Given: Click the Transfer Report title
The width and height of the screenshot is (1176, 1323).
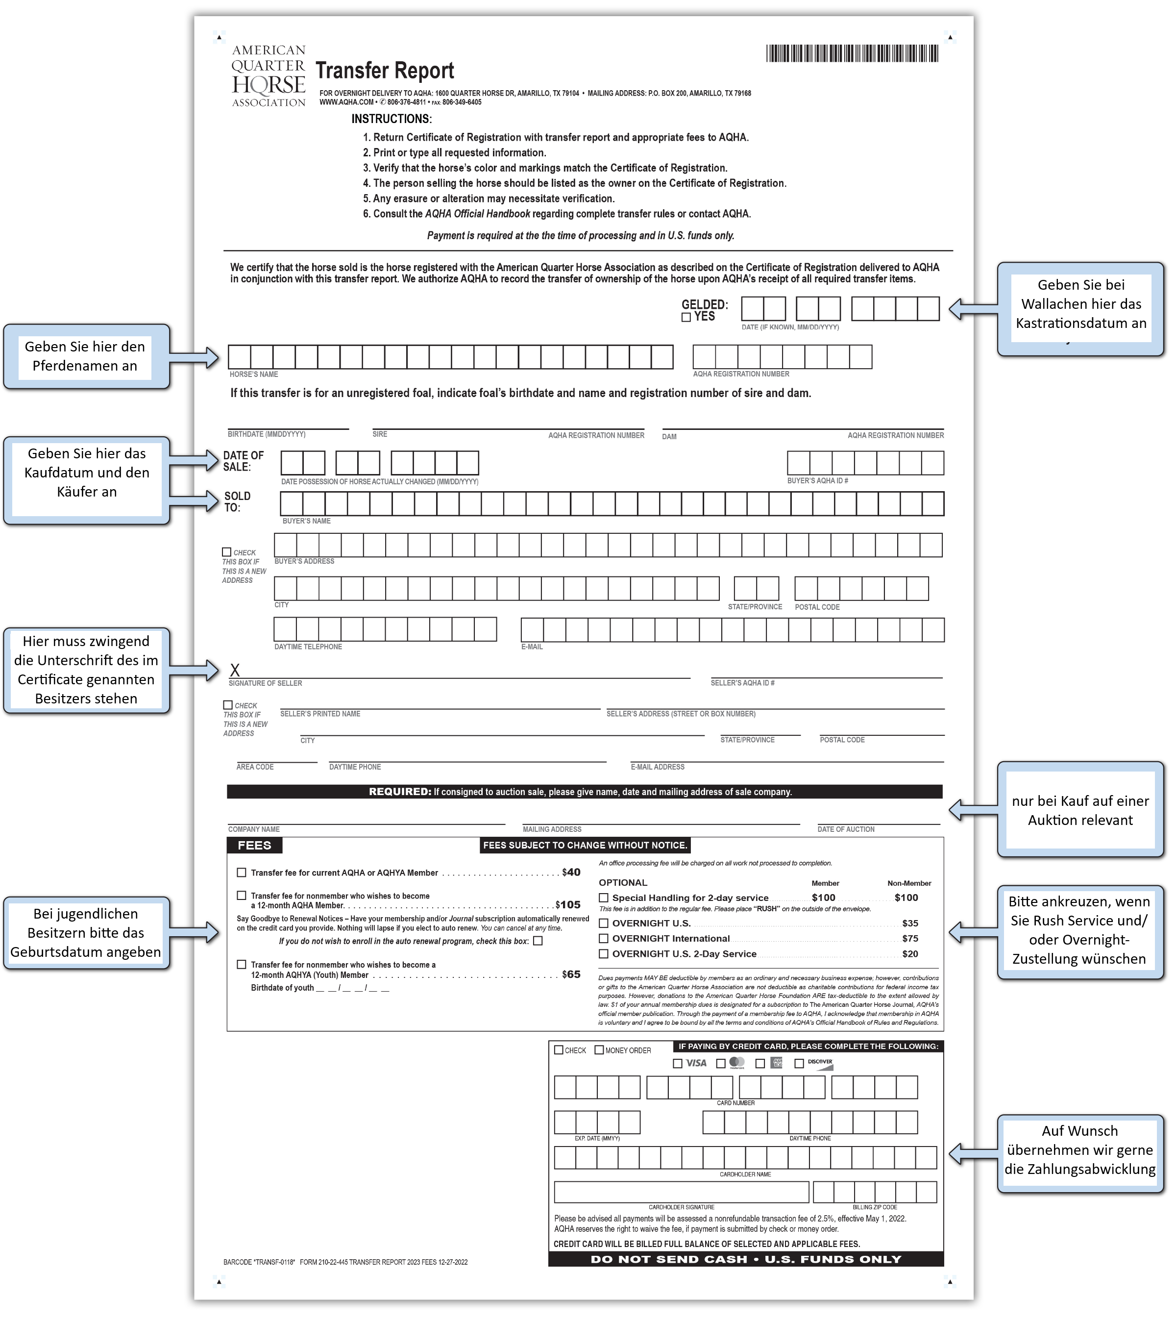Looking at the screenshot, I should [384, 71].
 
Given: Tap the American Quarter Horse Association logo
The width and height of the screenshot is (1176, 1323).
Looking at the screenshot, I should [269, 75].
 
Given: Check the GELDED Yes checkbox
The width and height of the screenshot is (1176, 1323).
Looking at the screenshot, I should [686, 317].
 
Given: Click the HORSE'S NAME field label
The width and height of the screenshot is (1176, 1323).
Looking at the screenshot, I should [253, 375].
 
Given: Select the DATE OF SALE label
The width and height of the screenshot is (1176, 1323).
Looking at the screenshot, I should [243, 461].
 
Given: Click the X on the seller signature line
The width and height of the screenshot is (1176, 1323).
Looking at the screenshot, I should [235, 671].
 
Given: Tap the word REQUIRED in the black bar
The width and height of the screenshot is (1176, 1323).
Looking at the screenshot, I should [399, 792].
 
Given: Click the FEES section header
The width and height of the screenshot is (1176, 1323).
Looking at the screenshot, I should [254, 846].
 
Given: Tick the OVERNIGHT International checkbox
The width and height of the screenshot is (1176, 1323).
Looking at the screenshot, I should [604, 939].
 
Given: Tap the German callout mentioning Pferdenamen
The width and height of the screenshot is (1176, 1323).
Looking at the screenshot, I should [85, 357].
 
